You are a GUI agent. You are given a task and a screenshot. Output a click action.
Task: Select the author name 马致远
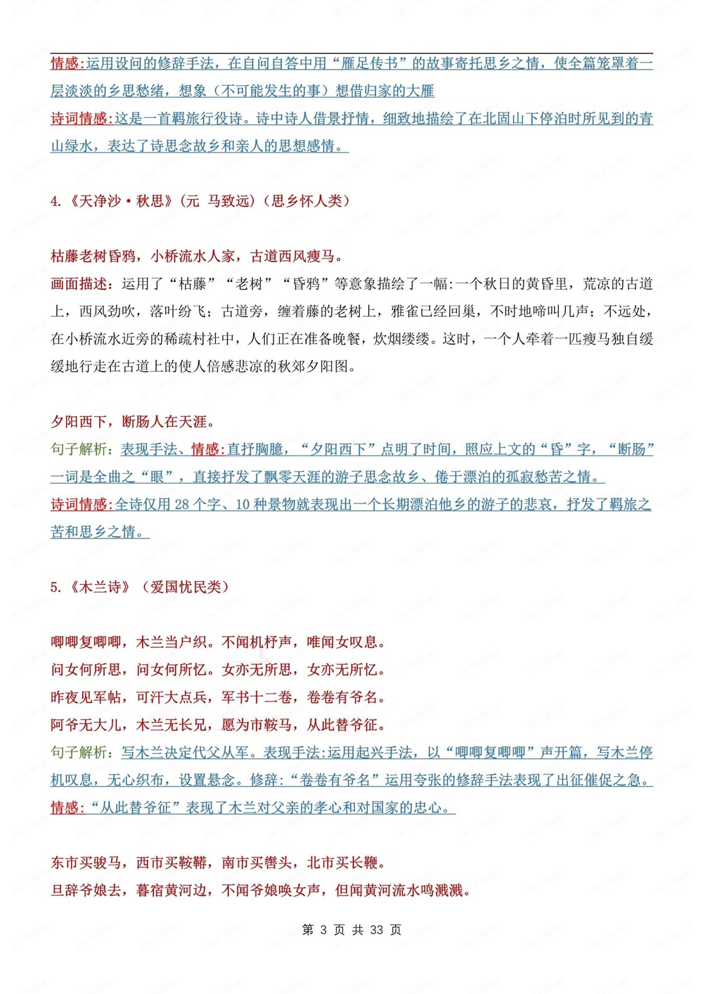[x=228, y=201]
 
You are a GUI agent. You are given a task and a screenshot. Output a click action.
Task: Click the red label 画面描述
[x=79, y=284]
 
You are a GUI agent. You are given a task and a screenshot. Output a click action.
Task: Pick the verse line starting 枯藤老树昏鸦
[x=197, y=257]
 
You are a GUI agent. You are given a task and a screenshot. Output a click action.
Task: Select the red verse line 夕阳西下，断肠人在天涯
[x=133, y=422]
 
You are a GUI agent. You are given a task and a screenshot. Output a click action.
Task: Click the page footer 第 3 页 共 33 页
[x=351, y=930]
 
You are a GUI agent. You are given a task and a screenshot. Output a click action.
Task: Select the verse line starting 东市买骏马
[x=219, y=863]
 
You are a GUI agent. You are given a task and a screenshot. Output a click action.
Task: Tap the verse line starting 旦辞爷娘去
[x=261, y=891]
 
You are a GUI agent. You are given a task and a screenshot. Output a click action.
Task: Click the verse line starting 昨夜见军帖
[x=219, y=697]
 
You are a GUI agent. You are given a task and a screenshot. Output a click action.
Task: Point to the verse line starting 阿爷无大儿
[x=219, y=725]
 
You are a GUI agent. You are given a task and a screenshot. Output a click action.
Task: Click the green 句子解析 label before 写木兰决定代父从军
[x=79, y=753]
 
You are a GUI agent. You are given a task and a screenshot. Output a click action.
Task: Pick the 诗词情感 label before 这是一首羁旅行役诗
[x=79, y=119]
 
